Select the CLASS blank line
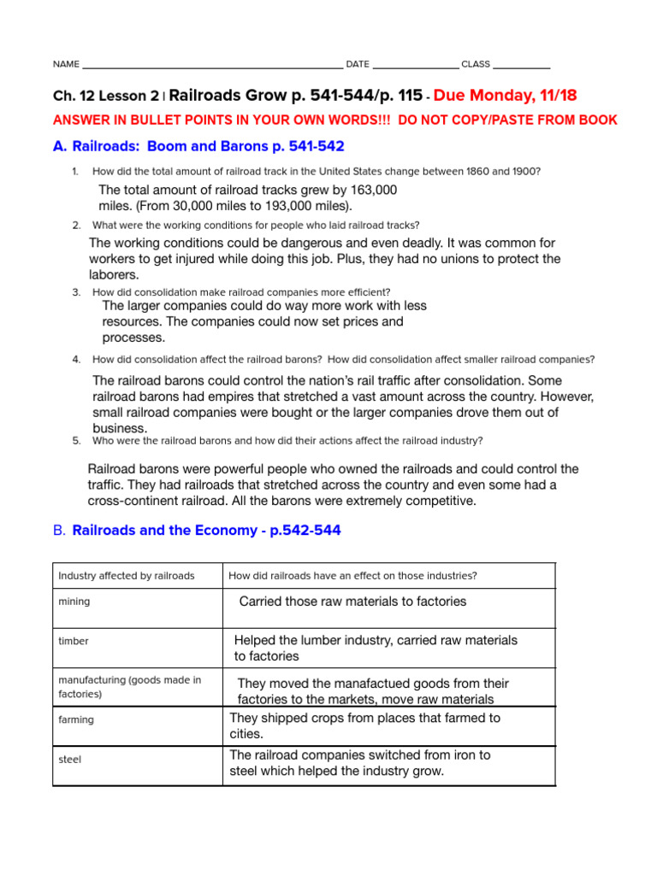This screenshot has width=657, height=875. pos(522,66)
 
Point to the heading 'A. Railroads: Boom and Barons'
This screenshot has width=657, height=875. pos(198,147)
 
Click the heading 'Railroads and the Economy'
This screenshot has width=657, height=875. pos(206,531)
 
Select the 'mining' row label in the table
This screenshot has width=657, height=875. pos(74,602)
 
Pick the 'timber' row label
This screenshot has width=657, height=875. pos(74,641)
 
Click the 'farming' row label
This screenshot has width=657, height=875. pos(76,719)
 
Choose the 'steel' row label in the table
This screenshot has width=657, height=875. pos(70,759)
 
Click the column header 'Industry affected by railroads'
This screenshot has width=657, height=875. pos(126,576)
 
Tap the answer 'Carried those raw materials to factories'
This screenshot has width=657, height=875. pos(352,602)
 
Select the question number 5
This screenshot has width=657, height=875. pos(76,441)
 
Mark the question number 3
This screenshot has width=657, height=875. pos(76,292)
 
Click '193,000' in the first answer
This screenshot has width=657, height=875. pos(284,206)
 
